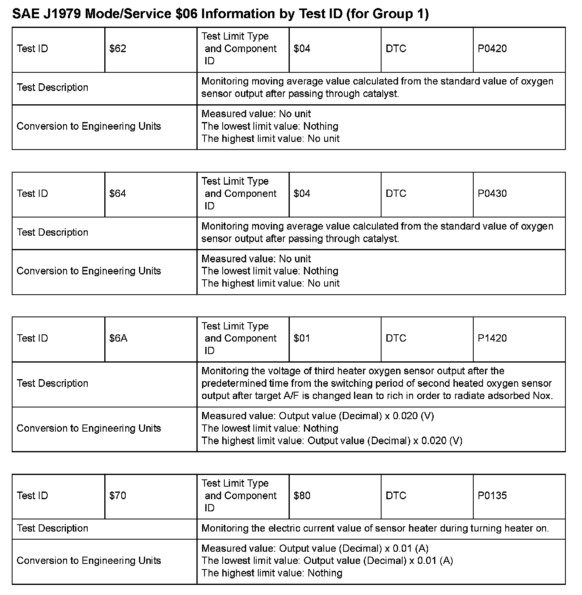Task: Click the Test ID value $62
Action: [118, 49]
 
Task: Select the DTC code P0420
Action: [492, 49]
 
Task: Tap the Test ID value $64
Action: [118, 194]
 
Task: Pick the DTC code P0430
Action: [492, 194]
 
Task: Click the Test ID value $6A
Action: [118, 338]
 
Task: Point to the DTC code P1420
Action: [492, 338]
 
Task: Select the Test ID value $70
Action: [118, 496]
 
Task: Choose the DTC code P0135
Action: [492, 496]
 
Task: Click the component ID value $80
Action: [302, 496]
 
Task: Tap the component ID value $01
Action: [302, 338]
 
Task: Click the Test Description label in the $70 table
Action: [53, 528]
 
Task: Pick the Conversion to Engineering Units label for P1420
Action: [89, 428]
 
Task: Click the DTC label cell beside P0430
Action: [396, 194]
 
